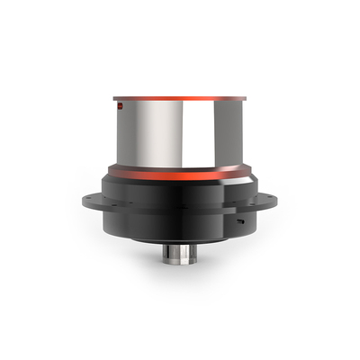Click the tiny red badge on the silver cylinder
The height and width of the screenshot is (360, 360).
click(118, 107)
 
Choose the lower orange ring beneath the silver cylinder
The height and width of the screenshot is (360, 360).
click(180, 171)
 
